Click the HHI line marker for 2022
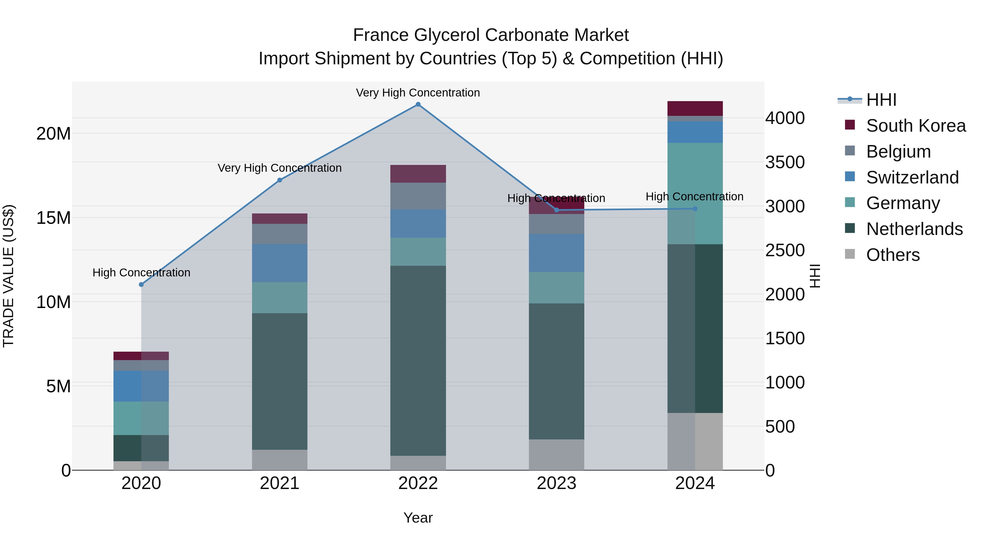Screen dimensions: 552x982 tap(418, 104)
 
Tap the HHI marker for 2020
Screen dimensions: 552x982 tap(141, 285)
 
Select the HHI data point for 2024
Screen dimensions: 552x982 tap(694, 209)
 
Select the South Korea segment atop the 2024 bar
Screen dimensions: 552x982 tap(694, 108)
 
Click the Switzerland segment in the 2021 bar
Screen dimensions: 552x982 tap(279, 263)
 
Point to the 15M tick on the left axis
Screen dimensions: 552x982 tap(53, 218)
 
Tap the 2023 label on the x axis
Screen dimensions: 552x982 tap(556, 483)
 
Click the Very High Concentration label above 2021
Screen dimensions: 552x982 tap(279, 168)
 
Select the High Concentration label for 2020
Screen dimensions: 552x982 tap(141, 273)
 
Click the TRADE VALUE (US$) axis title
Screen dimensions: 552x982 tap(8, 276)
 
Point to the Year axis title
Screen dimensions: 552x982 tap(418, 518)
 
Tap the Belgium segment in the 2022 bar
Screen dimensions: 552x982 tap(418, 196)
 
